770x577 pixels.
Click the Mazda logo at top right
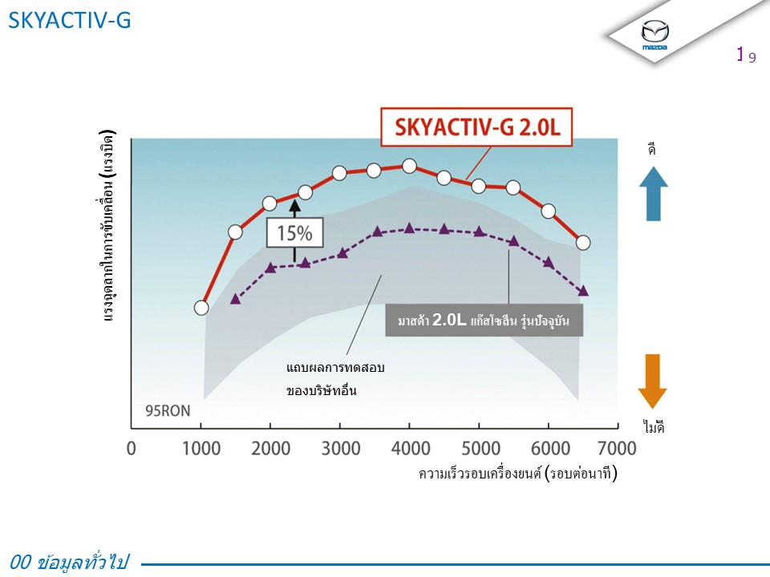pos(655,34)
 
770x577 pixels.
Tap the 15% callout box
pos(294,234)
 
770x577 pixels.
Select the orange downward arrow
pos(653,381)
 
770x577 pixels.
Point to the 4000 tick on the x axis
pos(409,447)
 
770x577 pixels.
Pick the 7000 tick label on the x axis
pos(617,447)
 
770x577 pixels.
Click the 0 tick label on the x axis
pos(132,447)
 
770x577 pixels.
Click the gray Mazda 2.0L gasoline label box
pos(484,321)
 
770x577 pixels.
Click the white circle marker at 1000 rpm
pos(202,307)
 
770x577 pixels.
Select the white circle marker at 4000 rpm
pos(409,166)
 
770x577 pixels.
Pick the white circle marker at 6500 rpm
pos(583,242)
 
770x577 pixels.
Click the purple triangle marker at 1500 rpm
pos(236,298)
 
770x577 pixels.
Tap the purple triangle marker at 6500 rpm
pos(583,290)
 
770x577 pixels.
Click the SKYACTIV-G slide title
pos(69,21)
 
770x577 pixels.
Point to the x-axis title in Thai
pos(518,474)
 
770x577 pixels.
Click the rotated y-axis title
pos(109,226)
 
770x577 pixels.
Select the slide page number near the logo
pos(746,55)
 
